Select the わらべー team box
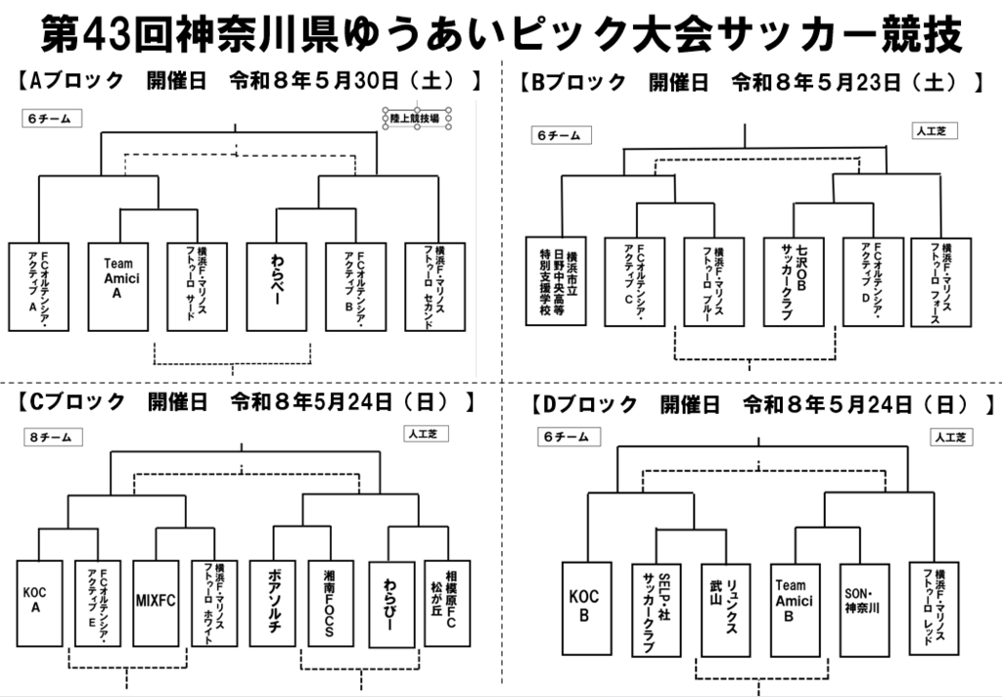(277, 285)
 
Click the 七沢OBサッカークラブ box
(794, 281)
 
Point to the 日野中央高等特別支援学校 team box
(556, 281)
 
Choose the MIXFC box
(156, 602)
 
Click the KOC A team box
(39, 602)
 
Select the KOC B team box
(587, 608)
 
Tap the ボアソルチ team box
(272, 602)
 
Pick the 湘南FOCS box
(330, 602)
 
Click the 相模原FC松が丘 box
(447, 602)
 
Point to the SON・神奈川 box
(863, 608)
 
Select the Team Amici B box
(794, 608)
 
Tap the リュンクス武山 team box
(725, 608)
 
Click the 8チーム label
(52, 438)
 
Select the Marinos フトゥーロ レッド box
(939, 608)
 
